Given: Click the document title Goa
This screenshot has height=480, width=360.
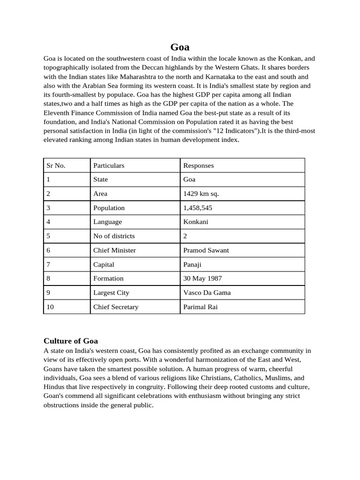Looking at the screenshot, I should (x=180, y=47).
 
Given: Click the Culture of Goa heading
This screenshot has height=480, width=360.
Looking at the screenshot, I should (x=70, y=341).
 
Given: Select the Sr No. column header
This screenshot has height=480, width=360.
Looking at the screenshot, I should (x=56, y=165).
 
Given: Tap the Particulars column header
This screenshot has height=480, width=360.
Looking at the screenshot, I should (x=109, y=165).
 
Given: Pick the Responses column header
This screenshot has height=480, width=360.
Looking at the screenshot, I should (x=198, y=165).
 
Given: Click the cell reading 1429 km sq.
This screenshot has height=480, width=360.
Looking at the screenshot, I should (x=201, y=194).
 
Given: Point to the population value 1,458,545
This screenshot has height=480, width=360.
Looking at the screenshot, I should (x=200, y=208).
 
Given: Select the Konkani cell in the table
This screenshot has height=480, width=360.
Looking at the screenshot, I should (x=196, y=222).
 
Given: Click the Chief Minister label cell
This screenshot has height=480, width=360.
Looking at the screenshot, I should (x=114, y=250).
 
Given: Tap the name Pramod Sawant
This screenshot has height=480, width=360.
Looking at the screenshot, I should (x=206, y=250).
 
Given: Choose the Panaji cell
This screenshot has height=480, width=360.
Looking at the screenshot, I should (x=192, y=264).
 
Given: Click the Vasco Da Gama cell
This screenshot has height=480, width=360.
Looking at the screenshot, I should (x=207, y=292).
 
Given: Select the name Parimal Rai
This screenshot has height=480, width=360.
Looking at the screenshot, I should (x=200, y=307).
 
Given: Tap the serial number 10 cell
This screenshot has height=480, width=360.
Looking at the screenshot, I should (x=50, y=307).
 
